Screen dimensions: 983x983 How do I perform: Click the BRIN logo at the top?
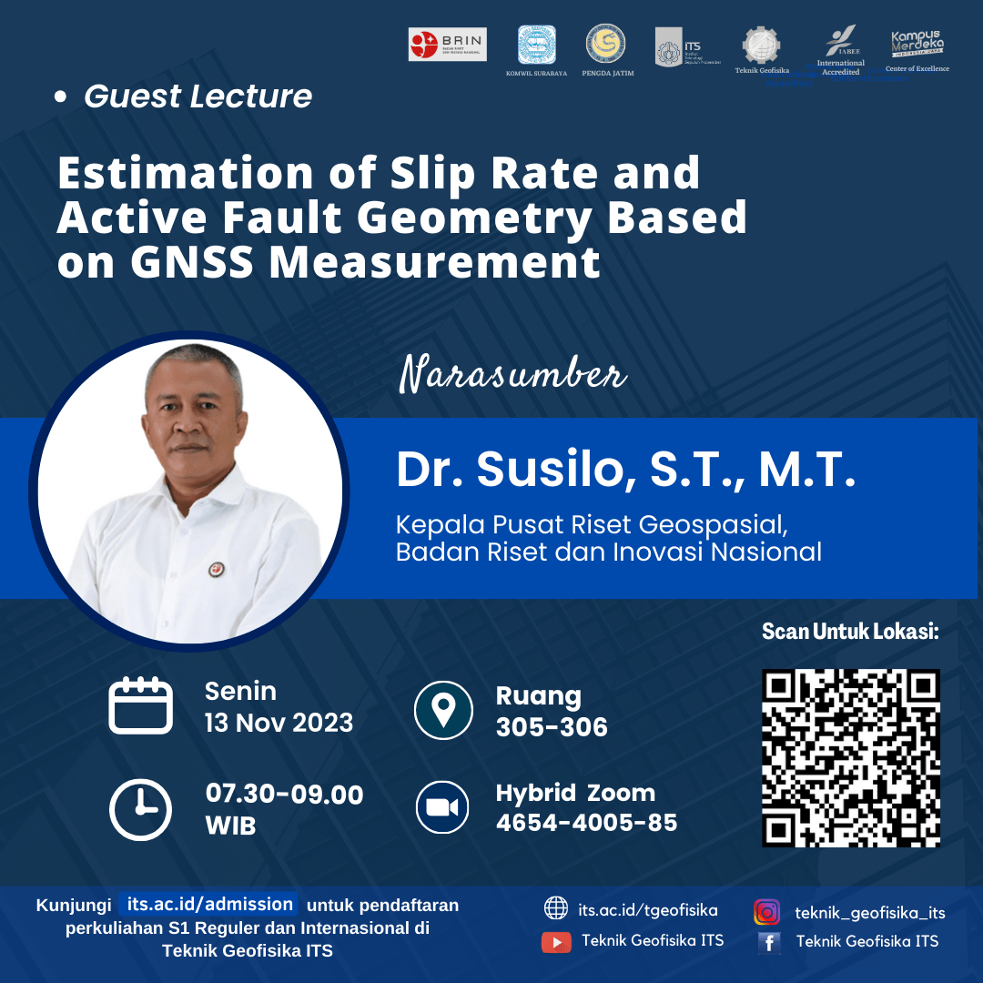pyautogui.click(x=448, y=45)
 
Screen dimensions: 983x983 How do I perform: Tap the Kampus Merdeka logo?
pyautogui.click(x=917, y=45)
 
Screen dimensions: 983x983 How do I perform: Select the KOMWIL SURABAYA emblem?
pyautogui.click(x=537, y=46)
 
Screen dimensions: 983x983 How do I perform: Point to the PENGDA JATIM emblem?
pyautogui.click(x=606, y=44)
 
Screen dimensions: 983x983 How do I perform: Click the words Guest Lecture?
pyautogui.click(x=198, y=96)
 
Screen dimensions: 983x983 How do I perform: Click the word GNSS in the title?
pyautogui.click(x=193, y=263)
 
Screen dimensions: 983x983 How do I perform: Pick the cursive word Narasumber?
pyautogui.click(x=513, y=375)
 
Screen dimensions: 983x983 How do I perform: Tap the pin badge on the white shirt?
pyautogui.click(x=217, y=569)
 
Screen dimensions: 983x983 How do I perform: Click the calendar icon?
pyautogui.click(x=140, y=705)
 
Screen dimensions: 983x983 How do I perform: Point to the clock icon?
pyautogui.click(x=140, y=809)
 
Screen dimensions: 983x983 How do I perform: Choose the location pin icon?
pyautogui.click(x=443, y=709)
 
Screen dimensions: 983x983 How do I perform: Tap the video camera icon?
pyautogui.click(x=442, y=808)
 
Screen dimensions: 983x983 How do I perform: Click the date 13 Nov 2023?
pyautogui.click(x=279, y=723)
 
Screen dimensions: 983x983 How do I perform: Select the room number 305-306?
pyautogui.click(x=552, y=726)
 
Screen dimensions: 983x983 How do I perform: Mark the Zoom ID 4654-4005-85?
pyautogui.click(x=586, y=823)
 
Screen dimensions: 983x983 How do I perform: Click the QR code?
pyautogui.click(x=850, y=758)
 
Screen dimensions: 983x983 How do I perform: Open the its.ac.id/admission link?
pyautogui.click(x=210, y=905)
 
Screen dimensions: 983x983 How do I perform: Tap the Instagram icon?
pyautogui.click(x=766, y=912)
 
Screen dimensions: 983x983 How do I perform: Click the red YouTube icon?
pyautogui.click(x=556, y=942)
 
